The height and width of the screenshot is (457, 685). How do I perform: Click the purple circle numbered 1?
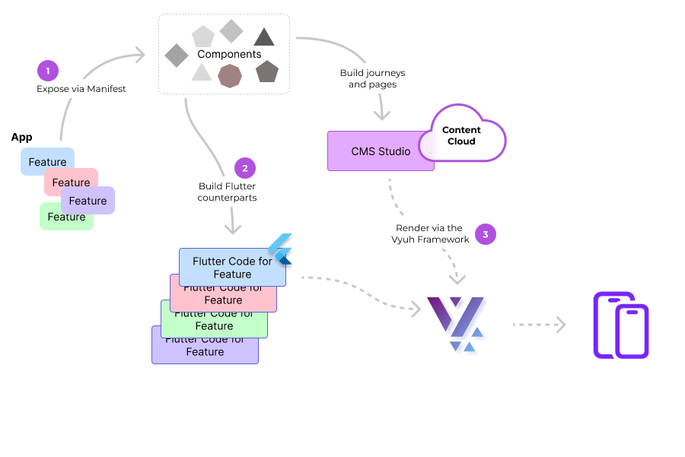(x=48, y=71)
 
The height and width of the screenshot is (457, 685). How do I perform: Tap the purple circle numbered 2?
(x=245, y=168)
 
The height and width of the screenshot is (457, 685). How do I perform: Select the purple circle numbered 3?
(x=486, y=233)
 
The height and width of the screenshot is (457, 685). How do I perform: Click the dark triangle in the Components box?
(x=264, y=36)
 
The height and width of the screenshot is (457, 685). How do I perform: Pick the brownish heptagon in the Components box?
(x=230, y=76)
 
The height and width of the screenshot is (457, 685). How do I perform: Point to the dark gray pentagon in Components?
(x=267, y=71)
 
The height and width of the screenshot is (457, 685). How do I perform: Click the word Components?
(x=229, y=54)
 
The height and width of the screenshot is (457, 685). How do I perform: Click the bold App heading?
(x=21, y=137)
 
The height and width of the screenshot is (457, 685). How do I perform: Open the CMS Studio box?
(x=372, y=151)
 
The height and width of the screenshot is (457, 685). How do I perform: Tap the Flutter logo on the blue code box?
(x=281, y=249)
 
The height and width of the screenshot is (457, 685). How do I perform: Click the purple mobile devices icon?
(x=620, y=325)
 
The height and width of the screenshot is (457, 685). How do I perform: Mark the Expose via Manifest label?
(x=81, y=89)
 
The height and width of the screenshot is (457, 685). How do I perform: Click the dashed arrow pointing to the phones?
(x=539, y=325)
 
